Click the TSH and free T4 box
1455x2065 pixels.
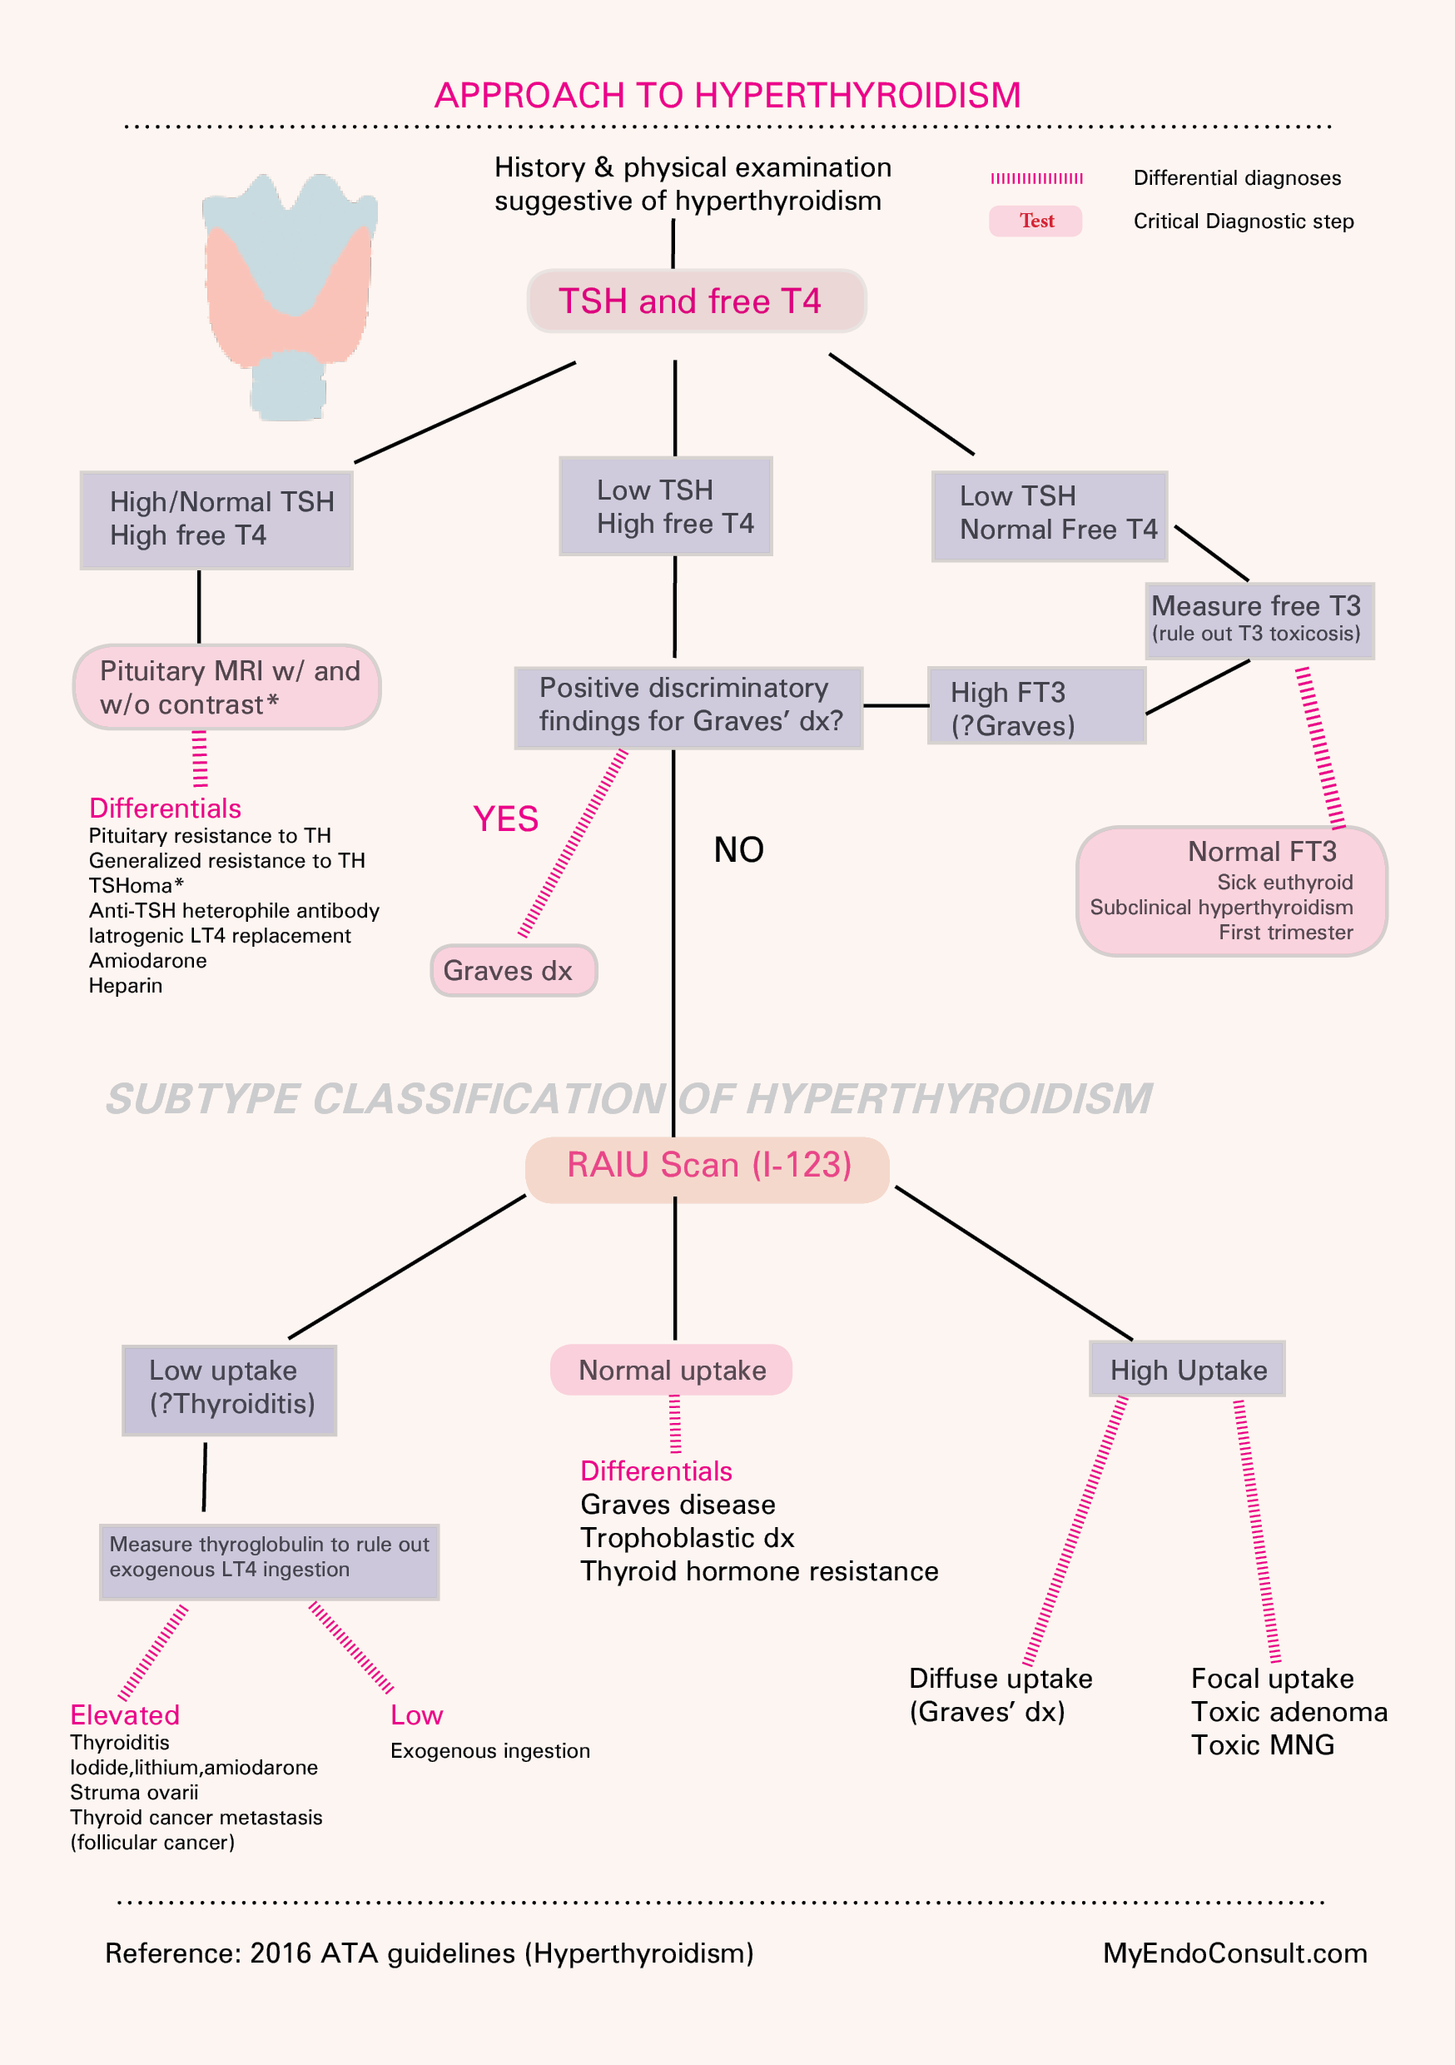(x=696, y=301)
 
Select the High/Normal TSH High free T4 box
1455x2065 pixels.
(x=216, y=520)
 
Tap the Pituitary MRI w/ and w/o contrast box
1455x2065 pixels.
(x=226, y=687)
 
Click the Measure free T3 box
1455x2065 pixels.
(x=1259, y=620)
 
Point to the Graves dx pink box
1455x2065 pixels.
(x=514, y=970)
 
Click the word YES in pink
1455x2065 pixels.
(x=505, y=819)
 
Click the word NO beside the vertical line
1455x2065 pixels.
(x=738, y=850)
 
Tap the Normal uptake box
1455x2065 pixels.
(x=671, y=1370)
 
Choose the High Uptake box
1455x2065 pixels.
(x=1187, y=1370)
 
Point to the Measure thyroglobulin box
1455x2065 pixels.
(x=269, y=1560)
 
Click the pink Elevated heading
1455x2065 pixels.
(x=125, y=1715)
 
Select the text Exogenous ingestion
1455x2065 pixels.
(x=490, y=1750)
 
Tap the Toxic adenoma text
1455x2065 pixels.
(x=1289, y=1712)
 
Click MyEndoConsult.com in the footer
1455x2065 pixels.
(x=1234, y=1953)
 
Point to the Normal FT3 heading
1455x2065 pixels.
(x=1261, y=852)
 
